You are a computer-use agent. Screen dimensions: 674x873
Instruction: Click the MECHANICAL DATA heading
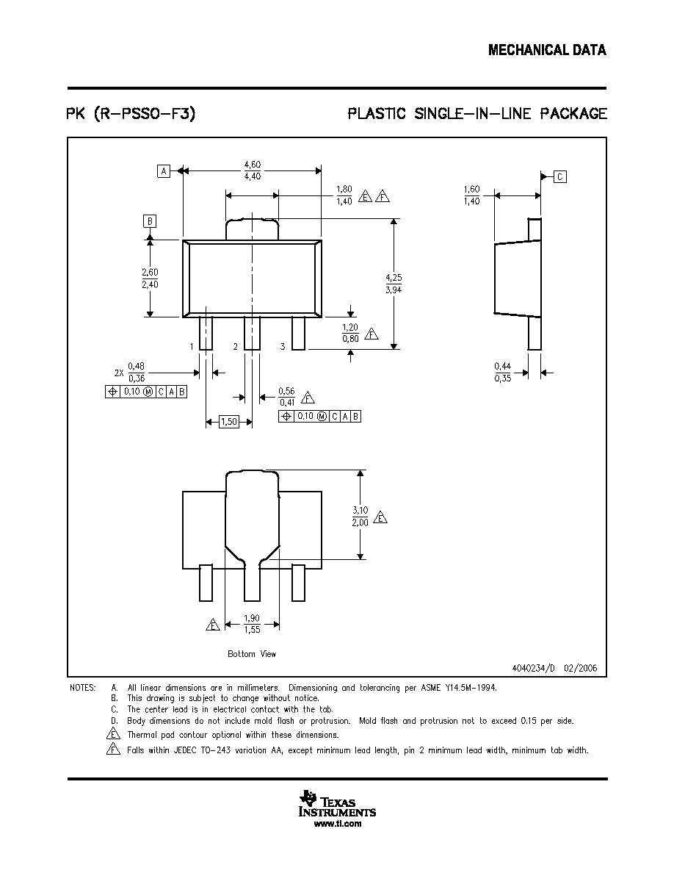pyautogui.click(x=547, y=50)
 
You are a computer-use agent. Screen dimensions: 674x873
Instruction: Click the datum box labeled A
pyautogui.click(x=164, y=171)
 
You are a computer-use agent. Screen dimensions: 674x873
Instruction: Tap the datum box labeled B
pyautogui.click(x=150, y=221)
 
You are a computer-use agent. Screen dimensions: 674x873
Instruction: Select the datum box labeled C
pyautogui.click(x=560, y=177)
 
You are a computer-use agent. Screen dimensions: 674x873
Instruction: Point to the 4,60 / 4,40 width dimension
pyautogui.click(x=253, y=170)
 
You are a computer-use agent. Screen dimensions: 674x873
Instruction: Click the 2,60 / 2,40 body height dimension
pyautogui.click(x=150, y=279)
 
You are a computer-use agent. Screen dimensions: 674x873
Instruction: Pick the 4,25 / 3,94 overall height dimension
pyautogui.click(x=394, y=284)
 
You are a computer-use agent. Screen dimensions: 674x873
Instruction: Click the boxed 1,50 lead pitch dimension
pyautogui.click(x=229, y=422)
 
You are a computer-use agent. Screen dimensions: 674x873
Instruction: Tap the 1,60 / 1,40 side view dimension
pyautogui.click(x=471, y=195)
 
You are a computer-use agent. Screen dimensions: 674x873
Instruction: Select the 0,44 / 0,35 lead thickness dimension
pyautogui.click(x=503, y=372)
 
